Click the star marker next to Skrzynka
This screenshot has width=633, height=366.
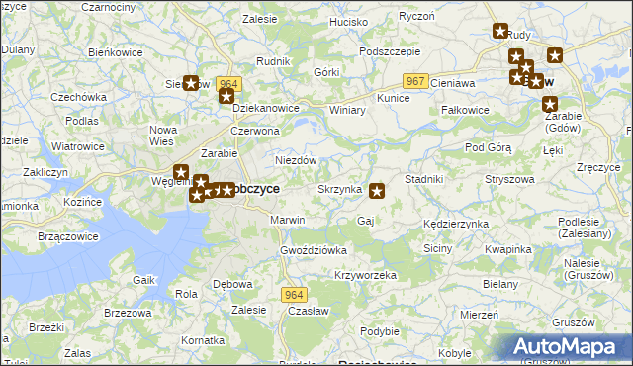377,189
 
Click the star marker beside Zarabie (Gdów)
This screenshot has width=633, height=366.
550,103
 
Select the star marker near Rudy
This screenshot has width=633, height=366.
499,32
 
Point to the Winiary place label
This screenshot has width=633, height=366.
347,110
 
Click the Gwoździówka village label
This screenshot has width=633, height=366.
314,250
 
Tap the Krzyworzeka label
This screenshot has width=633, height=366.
365,274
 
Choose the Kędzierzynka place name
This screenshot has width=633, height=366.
455,225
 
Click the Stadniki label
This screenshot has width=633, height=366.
423,179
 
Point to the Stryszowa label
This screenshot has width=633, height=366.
509,180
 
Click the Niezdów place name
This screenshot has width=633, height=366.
295,160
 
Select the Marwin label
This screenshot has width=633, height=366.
288,220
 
